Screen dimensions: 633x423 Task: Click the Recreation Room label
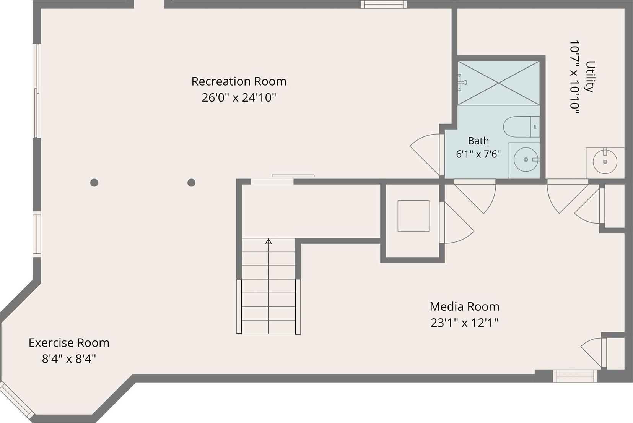coord(239,82)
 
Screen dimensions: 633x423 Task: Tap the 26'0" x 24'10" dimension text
coord(239,98)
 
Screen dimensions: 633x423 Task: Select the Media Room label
coord(465,307)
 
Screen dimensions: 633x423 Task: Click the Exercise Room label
coord(69,343)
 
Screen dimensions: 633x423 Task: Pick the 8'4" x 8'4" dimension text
coord(69,359)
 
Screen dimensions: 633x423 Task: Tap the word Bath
coord(478,141)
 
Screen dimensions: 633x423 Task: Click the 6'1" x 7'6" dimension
coord(478,154)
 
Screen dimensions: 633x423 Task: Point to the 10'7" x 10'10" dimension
coord(574,76)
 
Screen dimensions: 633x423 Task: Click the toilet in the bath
coord(521,127)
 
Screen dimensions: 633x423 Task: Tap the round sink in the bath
coord(526,160)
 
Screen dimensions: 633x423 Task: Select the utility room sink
coord(605,162)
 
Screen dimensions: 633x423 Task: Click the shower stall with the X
coord(498,83)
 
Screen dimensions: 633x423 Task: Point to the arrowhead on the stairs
coord(268,241)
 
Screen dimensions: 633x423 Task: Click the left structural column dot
coord(94,183)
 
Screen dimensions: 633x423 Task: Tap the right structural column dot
coord(191,183)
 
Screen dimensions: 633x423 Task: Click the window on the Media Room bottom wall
coord(575,376)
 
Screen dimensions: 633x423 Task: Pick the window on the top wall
coord(384,4)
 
